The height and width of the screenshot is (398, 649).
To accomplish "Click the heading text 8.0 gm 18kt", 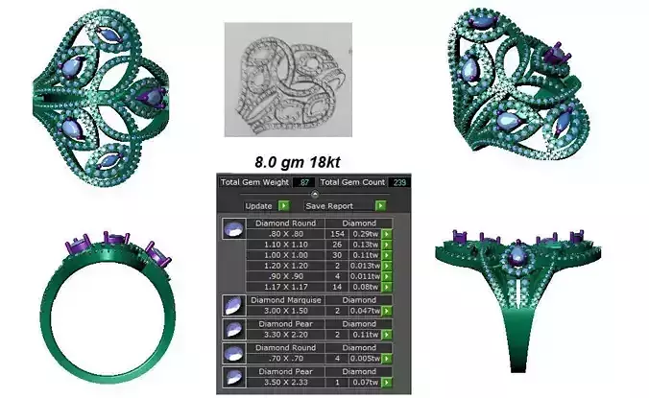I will coord(299,161).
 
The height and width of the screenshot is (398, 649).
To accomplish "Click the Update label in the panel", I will coord(258,205).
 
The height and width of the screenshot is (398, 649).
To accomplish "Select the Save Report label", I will coord(329,205).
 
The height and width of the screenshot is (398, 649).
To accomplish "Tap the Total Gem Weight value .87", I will coord(305,181).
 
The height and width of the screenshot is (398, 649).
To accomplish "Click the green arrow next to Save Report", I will coord(380,205).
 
